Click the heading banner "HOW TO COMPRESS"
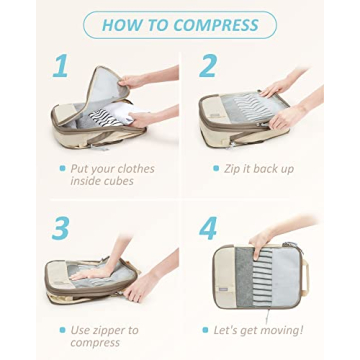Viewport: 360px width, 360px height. [x=179, y=25]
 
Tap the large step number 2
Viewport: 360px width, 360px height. [x=208, y=67]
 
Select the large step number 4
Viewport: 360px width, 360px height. [x=208, y=228]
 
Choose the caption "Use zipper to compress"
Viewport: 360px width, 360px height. [x=105, y=335]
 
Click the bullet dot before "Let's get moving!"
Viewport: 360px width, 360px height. [x=206, y=329]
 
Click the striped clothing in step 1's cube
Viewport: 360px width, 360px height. [x=101, y=119]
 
